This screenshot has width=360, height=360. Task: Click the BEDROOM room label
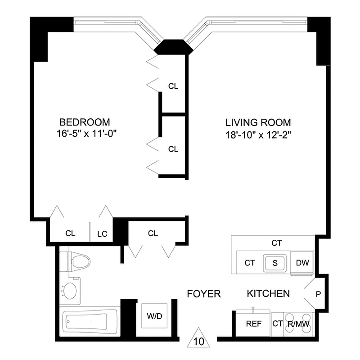coord(85,122)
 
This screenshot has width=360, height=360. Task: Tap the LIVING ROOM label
coord(258,122)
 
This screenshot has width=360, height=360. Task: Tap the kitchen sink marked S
coord(275,262)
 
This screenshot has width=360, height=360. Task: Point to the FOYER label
coord(204,294)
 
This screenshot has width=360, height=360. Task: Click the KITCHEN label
coord(268,294)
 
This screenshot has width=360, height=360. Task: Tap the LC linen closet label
coord(102,234)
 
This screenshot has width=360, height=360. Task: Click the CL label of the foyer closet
coord(153,233)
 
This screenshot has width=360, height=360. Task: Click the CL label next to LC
coord(70,234)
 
